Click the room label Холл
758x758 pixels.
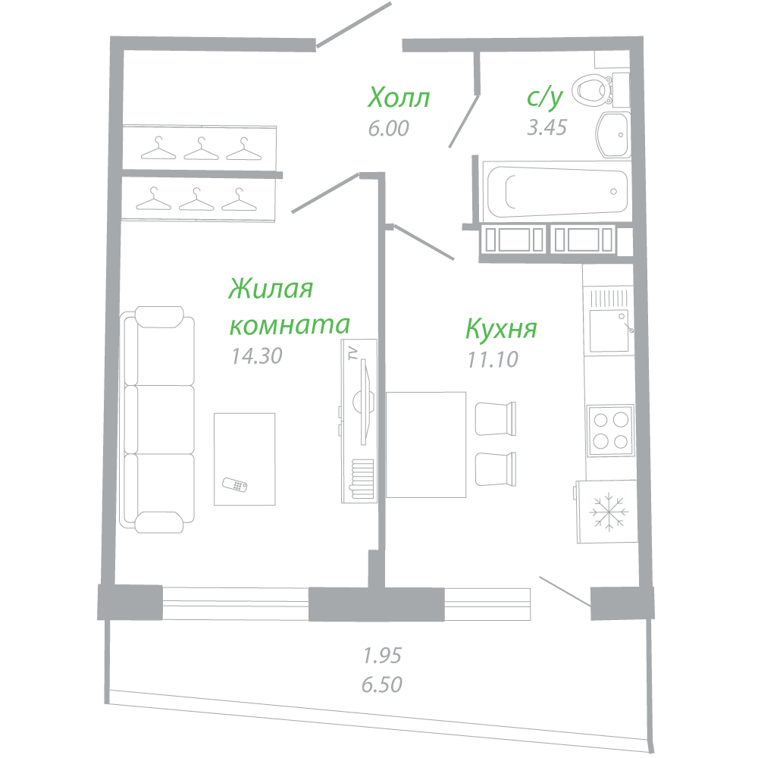[x=399, y=98]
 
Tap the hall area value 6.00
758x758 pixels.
[x=389, y=129]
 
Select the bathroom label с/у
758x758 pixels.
[x=545, y=97]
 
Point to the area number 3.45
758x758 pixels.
[x=547, y=127]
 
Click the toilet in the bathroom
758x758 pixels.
[x=600, y=90]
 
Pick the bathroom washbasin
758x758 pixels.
[x=613, y=135]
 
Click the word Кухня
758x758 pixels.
[x=501, y=329]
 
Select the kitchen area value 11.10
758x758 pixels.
[x=493, y=359]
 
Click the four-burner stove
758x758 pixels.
[x=610, y=431]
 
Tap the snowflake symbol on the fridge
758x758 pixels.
[x=609, y=512]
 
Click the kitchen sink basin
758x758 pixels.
[x=609, y=330]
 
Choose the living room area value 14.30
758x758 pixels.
[x=257, y=356]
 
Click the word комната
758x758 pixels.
[x=290, y=325]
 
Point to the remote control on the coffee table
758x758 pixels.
[x=234, y=484]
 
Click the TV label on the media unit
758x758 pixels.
[x=353, y=353]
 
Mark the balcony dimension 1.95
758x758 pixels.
[x=382, y=656]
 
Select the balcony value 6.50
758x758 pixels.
[x=382, y=684]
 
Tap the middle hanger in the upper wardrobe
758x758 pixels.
[x=201, y=149]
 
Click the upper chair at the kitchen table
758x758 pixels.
[x=496, y=418]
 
